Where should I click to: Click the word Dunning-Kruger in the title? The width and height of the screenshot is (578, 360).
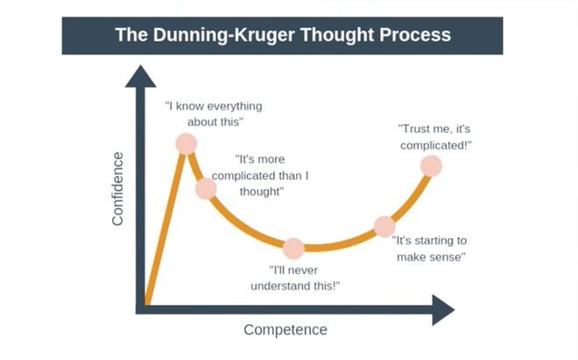[223, 35]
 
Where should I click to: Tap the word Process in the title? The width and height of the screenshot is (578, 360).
[415, 35]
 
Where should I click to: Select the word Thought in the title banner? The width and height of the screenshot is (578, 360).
[337, 35]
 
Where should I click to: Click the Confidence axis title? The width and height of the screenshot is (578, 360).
[117, 188]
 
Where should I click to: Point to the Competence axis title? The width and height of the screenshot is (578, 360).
[285, 329]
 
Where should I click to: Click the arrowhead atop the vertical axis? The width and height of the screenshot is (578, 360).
[140, 76]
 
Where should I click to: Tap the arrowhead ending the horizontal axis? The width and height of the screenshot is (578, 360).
[443, 310]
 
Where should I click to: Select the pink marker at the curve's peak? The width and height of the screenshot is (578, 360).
[187, 144]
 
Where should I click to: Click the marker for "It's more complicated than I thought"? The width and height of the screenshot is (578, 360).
[206, 188]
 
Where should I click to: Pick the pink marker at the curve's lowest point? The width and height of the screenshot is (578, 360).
[293, 248]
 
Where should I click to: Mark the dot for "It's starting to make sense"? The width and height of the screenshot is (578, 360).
[384, 227]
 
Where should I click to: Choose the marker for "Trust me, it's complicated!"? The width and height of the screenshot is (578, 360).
[431, 166]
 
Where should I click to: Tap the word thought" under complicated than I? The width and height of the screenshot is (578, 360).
[262, 192]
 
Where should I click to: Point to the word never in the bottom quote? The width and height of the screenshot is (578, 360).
[303, 271]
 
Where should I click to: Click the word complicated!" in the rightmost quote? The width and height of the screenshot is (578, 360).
[436, 145]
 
